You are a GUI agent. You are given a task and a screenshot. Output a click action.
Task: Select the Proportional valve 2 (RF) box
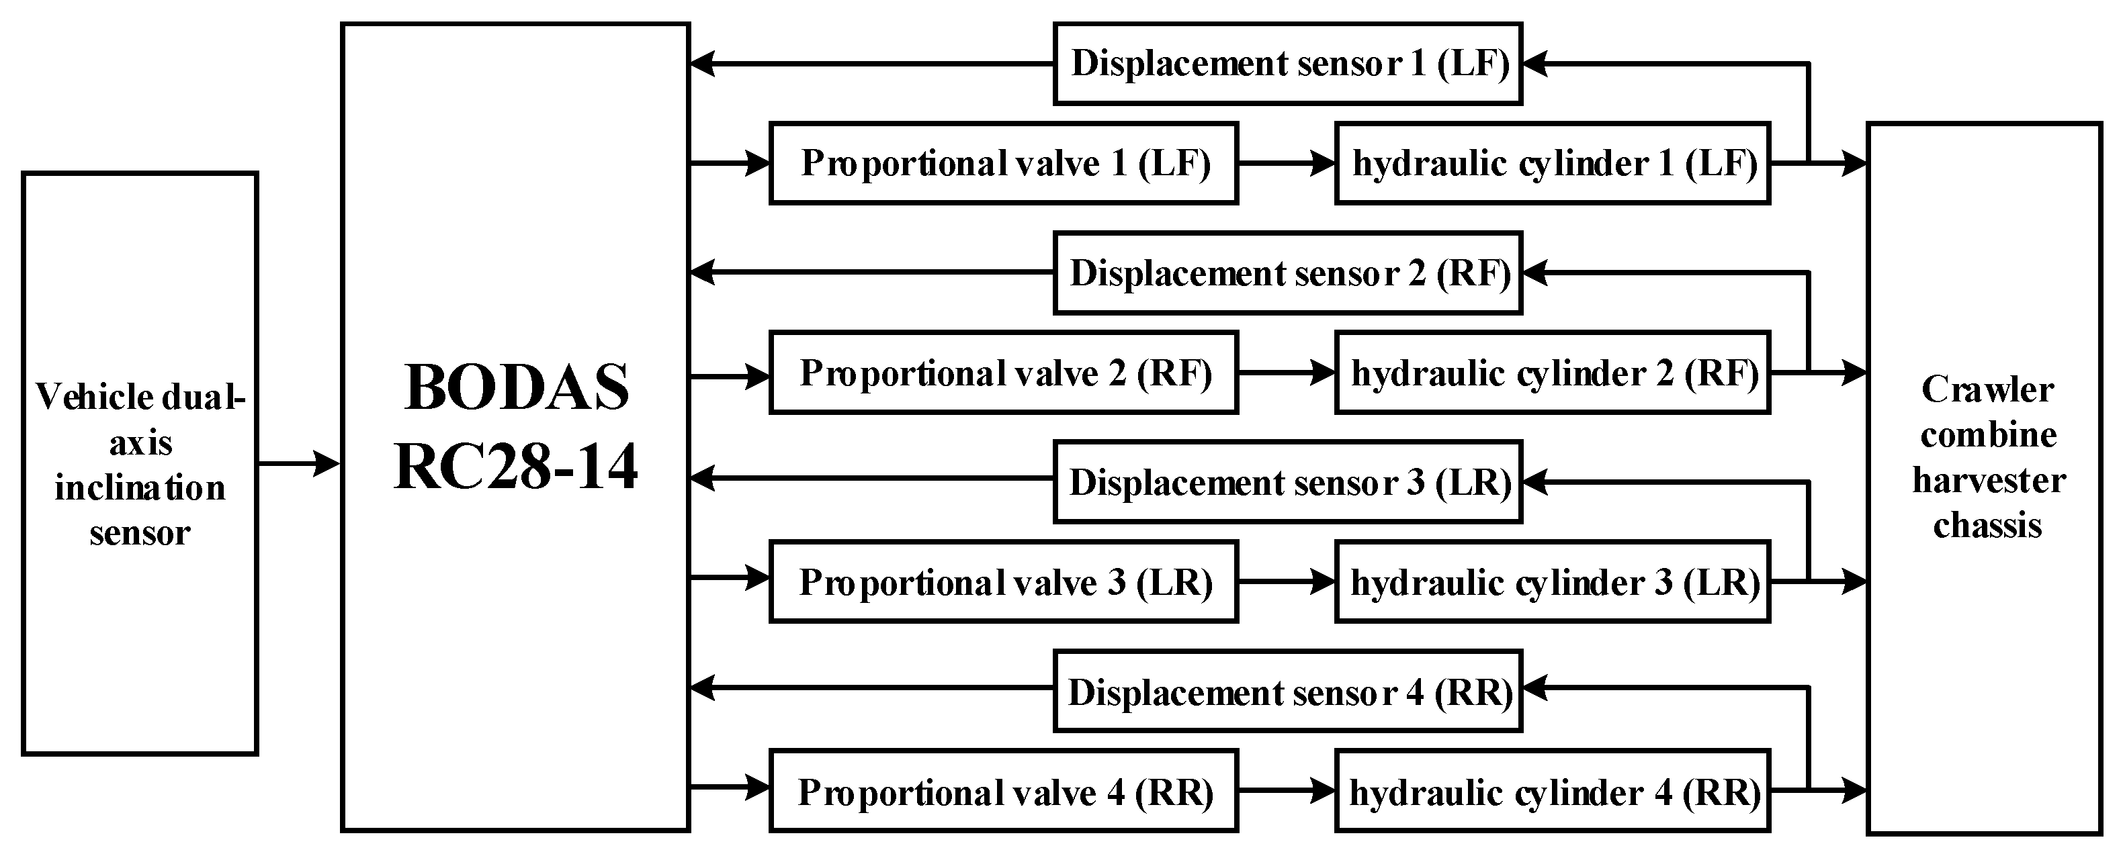click(1003, 373)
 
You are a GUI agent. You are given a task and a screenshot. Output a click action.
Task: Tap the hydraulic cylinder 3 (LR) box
click(1551, 582)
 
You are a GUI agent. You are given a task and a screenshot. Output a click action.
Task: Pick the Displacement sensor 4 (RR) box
click(1287, 692)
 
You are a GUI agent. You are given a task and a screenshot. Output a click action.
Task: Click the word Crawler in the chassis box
click(1987, 389)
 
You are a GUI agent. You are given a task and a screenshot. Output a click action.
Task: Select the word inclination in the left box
click(140, 488)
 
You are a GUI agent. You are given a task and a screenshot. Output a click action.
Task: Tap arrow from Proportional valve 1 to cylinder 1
click(1285, 163)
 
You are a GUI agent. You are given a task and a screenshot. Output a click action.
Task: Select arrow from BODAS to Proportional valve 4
click(729, 787)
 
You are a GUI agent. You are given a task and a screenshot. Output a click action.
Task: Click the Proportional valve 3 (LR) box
click(1003, 582)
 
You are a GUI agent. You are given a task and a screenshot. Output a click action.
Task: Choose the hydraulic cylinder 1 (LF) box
click(1551, 163)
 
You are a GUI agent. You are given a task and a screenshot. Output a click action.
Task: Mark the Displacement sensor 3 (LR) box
click(1287, 482)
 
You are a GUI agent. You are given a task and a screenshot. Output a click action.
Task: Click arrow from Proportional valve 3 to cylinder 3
click(1285, 581)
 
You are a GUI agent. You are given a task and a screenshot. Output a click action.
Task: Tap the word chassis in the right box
click(1987, 525)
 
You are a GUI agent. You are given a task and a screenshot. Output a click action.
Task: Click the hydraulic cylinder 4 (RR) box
click(1551, 791)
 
